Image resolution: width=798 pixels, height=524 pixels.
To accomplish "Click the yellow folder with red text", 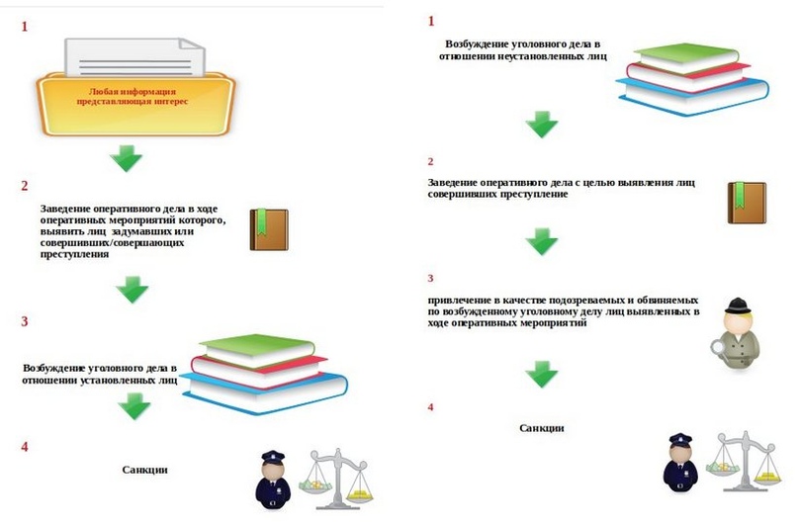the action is coord(135,104).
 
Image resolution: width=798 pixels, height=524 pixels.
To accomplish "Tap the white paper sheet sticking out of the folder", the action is coord(134,57).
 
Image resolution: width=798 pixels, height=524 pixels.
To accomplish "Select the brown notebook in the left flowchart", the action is coord(269,229).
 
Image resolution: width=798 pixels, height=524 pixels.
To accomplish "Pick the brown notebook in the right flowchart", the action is coord(747,203).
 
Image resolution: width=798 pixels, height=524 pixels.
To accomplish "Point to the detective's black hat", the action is coord(738,306).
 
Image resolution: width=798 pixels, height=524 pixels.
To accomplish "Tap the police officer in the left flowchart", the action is coord(273,480).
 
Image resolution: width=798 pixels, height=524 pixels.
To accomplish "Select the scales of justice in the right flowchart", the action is coord(744,461).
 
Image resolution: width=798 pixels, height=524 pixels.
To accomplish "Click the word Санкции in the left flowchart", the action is coord(145,470).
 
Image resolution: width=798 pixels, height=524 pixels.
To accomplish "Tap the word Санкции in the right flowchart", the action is coord(542,428).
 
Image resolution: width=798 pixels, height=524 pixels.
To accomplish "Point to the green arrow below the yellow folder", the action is coord(127,158).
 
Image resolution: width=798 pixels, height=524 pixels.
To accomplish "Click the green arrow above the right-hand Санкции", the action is coord(542,374).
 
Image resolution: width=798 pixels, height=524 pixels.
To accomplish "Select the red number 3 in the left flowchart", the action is coord(24,321).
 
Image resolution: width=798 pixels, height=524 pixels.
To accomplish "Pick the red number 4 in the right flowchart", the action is coord(430,407).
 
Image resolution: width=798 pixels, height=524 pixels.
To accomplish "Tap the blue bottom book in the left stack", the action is coord(265,392).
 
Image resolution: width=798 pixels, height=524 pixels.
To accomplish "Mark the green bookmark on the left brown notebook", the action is coord(262,221).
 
